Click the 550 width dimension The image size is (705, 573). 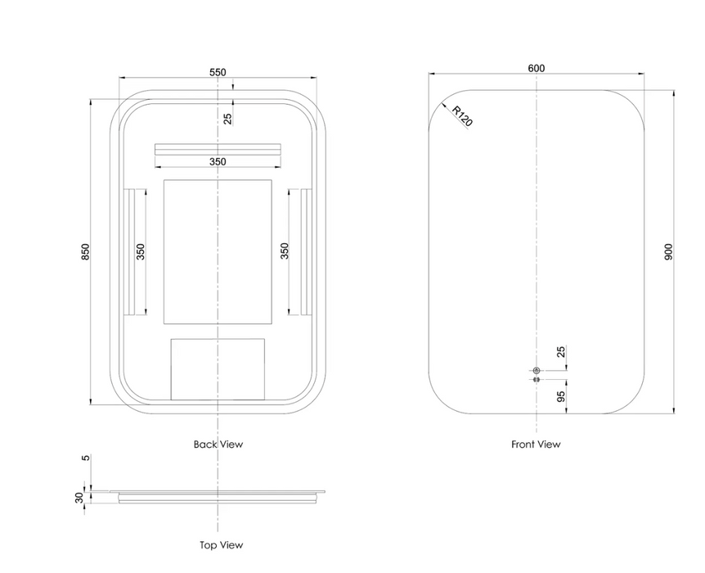click(218, 72)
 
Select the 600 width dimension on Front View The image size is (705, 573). click(536, 68)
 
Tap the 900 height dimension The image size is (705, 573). click(668, 251)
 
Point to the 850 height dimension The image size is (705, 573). click(85, 251)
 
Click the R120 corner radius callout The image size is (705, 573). click(462, 116)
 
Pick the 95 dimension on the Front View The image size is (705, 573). click(560, 396)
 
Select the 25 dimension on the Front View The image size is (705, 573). click(561, 351)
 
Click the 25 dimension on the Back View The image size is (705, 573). click(227, 119)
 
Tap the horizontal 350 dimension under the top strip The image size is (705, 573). click(218, 161)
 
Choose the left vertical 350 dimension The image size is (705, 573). click(141, 251)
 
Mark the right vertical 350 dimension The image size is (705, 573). click(284, 251)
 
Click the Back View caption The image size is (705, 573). click(218, 444)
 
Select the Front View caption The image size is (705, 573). click(536, 444)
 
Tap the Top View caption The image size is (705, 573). click(221, 545)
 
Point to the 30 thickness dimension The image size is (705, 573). click(79, 498)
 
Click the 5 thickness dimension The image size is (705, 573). click(85, 458)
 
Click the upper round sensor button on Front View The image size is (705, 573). click(536, 371)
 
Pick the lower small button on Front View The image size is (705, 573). click(536, 380)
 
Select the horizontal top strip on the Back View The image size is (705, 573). click(218, 149)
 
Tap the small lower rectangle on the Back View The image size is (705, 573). click(218, 369)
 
